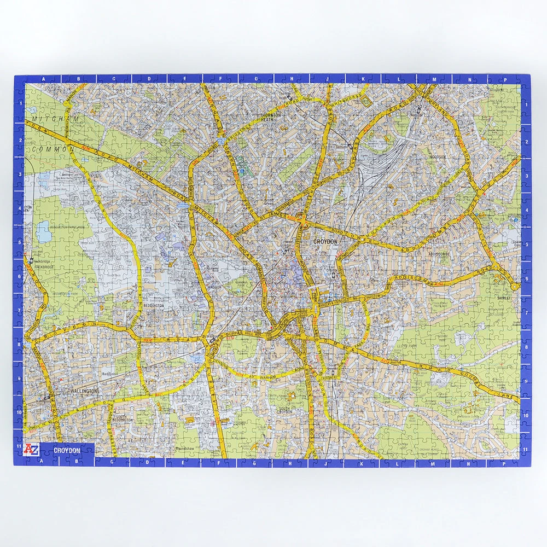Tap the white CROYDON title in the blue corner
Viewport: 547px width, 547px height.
click(67, 450)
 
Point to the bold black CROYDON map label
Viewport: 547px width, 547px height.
click(326, 241)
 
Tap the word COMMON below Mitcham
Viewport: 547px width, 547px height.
click(53, 149)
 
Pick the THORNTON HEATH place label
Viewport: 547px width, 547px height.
click(271, 118)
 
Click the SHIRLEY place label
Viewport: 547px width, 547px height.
click(504, 298)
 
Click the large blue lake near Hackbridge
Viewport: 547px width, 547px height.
click(44, 231)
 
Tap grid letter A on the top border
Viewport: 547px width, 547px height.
click(43, 79)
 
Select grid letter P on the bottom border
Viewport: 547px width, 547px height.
click(504, 463)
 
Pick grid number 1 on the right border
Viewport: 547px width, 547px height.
click(526, 103)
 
